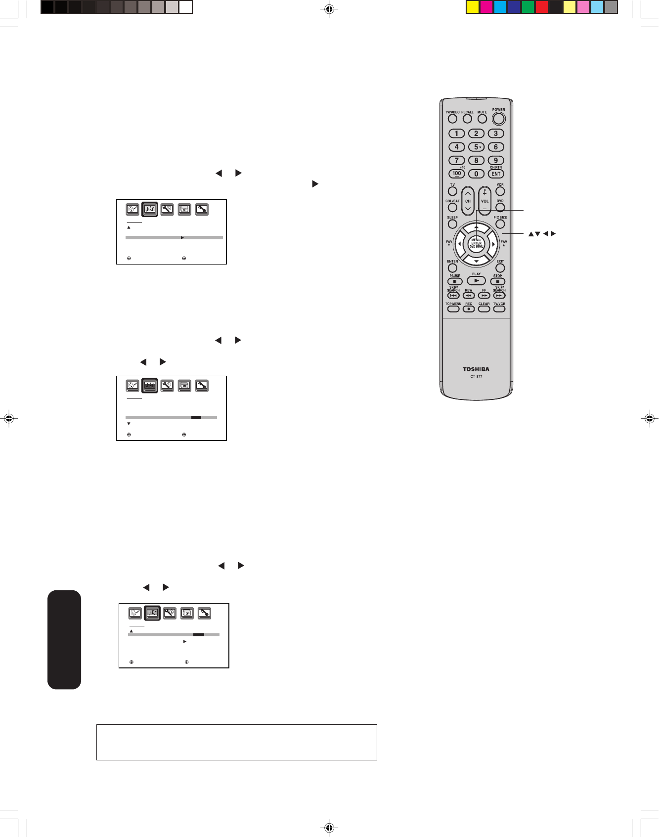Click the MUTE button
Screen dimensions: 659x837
click(482, 119)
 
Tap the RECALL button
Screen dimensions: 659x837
click(467, 119)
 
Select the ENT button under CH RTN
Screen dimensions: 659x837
click(496, 174)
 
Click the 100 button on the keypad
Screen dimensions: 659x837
click(456, 174)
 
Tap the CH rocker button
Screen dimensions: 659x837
click(468, 201)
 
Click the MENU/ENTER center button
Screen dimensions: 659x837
click(476, 243)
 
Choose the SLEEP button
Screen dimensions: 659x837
click(452, 224)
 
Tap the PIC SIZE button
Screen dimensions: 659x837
click(500, 224)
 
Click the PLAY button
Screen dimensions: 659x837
click(476, 281)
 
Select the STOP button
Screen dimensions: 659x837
click(497, 282)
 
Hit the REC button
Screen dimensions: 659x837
click(469, 309)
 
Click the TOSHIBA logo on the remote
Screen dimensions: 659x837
click(476, 369)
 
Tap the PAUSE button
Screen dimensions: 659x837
click(454, 282)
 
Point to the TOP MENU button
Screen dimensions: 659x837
click(453, 309)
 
